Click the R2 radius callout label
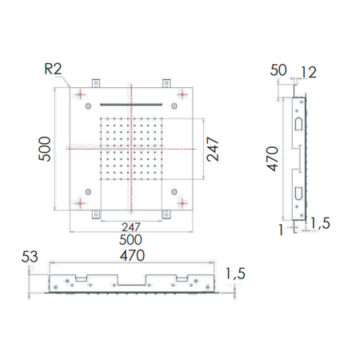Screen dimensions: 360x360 pos(53,69)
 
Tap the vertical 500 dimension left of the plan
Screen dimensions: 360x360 pos(45,149)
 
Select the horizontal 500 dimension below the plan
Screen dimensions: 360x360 pos(130,240)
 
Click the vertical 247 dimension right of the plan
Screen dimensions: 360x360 pos(213,149)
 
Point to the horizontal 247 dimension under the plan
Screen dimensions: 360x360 pos(131,227)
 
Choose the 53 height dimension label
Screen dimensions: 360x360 pos(30,257)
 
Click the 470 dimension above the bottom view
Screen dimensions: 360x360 pos(132,255)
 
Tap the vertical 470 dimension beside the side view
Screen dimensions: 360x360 pos(272,158)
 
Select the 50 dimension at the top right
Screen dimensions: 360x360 pos(278,70)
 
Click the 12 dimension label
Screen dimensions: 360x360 pos(309,72)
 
